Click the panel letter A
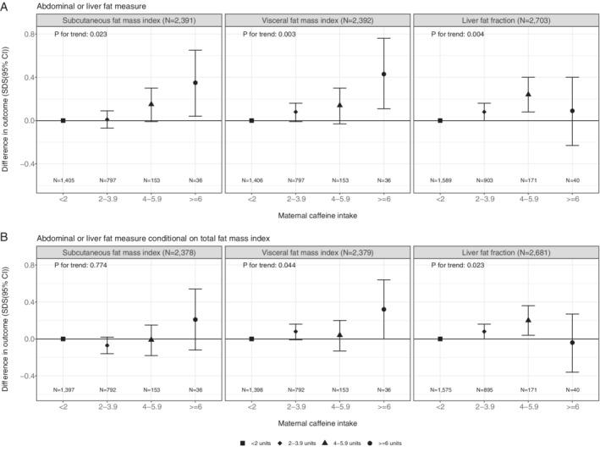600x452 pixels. coord(7,6)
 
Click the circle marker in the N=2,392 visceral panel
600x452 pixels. coord(383,74)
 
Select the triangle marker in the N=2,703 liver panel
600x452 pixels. coord(528,94)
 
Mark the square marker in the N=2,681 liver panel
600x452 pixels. coord(440,339)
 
